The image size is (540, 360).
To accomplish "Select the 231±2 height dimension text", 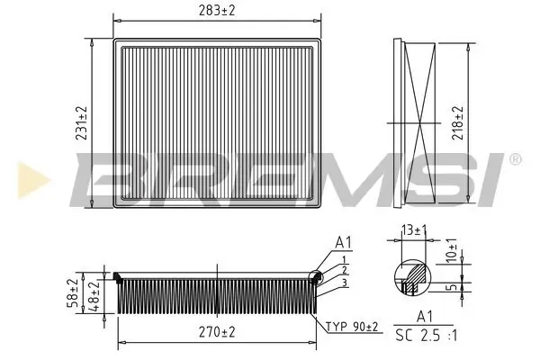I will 81,124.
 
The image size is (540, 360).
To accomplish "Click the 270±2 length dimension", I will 216,333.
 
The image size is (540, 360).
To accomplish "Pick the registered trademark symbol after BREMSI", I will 514,159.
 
